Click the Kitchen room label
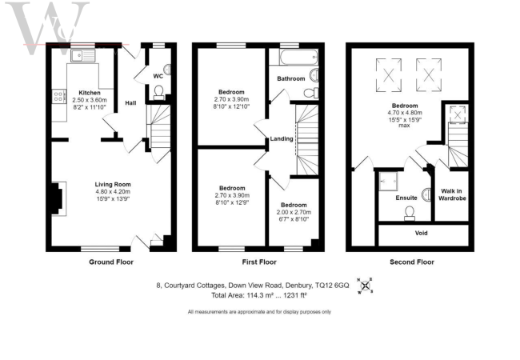tap(90, 93)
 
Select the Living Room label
tap(113, 184)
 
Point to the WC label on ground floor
tap(158, 77)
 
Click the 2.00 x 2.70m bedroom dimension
tap(292, 212)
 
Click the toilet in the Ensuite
tap(410, 213)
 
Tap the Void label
tap(422, 234)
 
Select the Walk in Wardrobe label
tap(453, 196)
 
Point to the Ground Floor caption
tap(110, 262)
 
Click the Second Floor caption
tap(412, 262)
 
